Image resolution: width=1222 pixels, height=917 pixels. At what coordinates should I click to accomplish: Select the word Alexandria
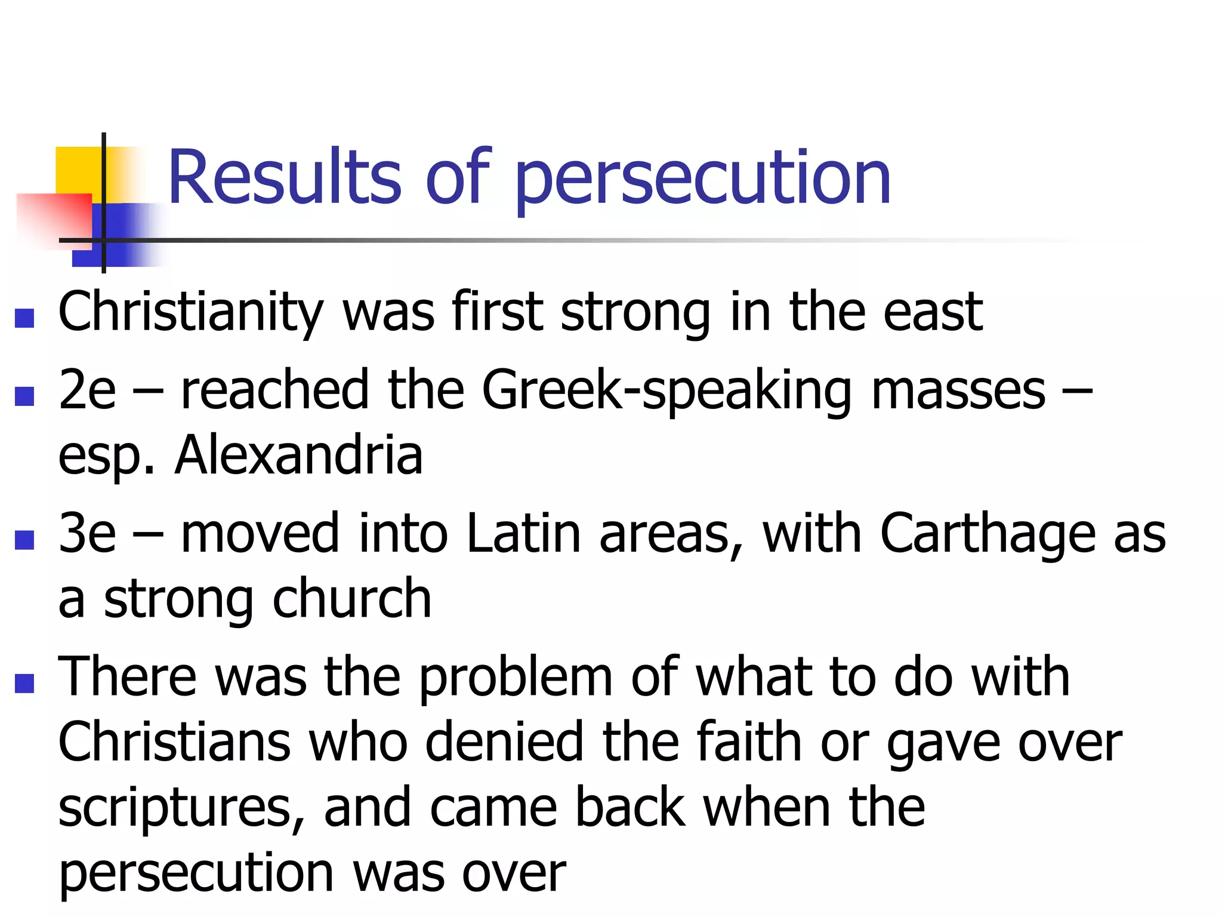point(299,456)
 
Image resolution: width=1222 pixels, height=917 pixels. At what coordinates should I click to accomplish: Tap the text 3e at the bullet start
point(87,533)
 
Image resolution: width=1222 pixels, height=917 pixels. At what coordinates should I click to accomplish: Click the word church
point(351,599)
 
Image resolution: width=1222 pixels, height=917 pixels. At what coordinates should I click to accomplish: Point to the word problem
point(516,678)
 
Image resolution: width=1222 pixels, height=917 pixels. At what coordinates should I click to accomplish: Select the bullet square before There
point(24,684)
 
